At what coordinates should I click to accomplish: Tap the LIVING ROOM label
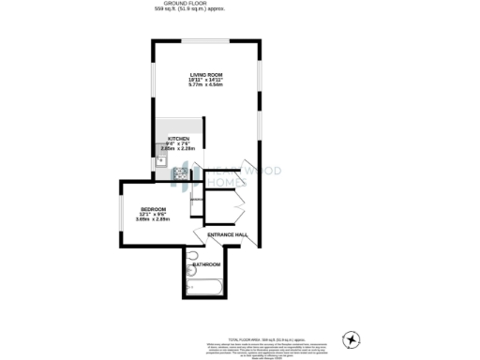[205, 73]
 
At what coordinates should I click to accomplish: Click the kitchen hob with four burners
[179, 172]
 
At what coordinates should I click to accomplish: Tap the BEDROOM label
[153, 208]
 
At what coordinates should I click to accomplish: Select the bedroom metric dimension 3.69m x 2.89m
[153, 219]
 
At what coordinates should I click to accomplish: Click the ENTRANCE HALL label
[227, 234]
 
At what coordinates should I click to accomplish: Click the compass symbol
[352, 338]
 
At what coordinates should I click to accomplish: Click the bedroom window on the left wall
[119, 214]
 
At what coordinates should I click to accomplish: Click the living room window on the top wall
[205, 41]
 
